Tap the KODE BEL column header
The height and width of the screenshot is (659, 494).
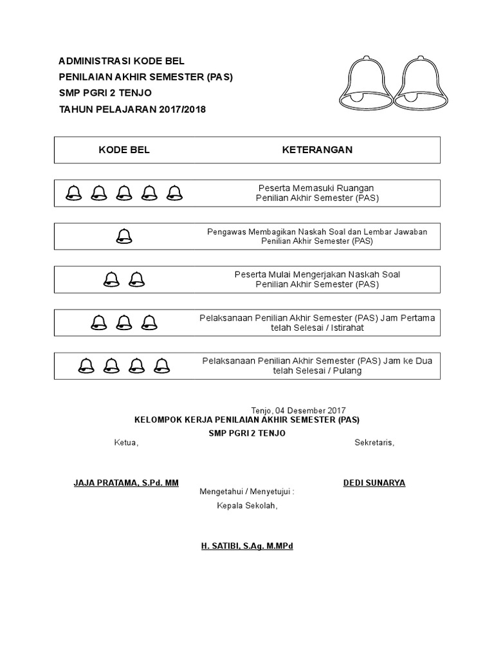[x=124, y=150]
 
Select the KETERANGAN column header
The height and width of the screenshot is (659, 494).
[x=317, y=150]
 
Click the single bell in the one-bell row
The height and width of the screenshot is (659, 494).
[x=124, y=236]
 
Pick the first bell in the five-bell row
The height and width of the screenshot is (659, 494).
[x=74, y=192]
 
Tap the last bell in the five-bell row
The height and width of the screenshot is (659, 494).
[x=174, y=192]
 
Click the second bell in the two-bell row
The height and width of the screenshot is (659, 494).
[x=136, y=279]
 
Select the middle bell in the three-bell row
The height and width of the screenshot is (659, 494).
[x=124, y=322]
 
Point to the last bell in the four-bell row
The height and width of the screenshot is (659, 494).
[x=161, y=366]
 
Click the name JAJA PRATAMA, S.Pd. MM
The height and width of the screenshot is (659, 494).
[x=126, y=483]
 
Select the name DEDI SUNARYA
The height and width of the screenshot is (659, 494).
[x=374, y=483]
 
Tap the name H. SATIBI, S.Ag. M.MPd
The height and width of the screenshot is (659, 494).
[x=247, y=546]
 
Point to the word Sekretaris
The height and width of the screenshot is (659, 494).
[x=374, y=443]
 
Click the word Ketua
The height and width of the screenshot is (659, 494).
[x=125, y=443]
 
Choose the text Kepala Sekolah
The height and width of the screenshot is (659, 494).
[x=246, y=505]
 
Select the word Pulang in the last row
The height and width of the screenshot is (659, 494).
[x=347, y=371]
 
